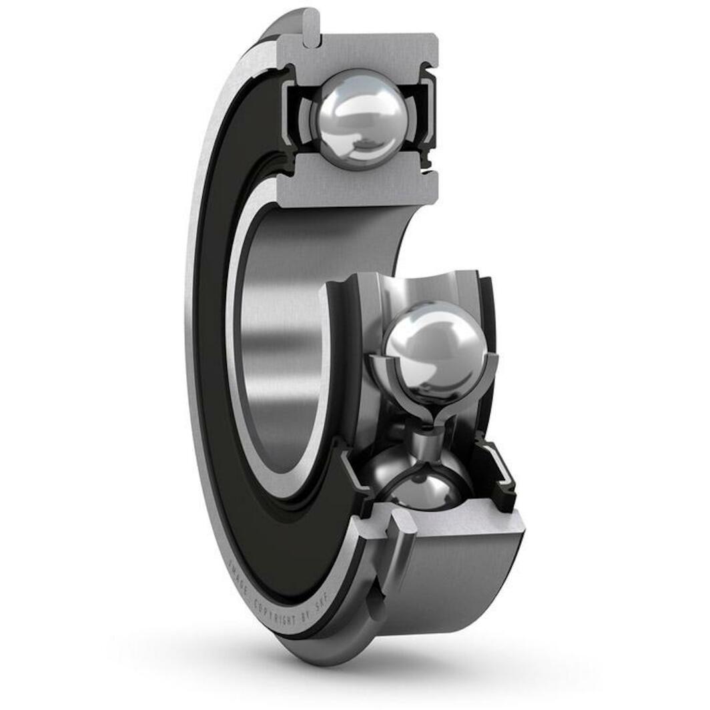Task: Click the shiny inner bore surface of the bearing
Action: pyautogui.click(x=280, y=334)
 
